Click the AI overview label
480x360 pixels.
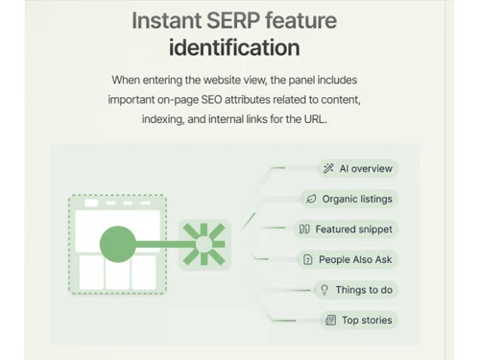point(366,169)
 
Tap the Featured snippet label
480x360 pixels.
point(354,229)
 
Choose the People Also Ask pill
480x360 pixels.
point(355,259)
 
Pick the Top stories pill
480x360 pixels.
point(367,320)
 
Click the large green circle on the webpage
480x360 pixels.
point(117,244)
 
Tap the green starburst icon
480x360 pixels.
point(203,243)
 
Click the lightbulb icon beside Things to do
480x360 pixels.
point(324,290)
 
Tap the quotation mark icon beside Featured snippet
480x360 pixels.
point(304,229)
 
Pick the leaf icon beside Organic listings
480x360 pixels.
point(311,200)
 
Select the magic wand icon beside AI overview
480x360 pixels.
point(328,169)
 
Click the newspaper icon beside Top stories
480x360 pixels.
point(330,320)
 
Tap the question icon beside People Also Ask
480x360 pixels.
point(307,259)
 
